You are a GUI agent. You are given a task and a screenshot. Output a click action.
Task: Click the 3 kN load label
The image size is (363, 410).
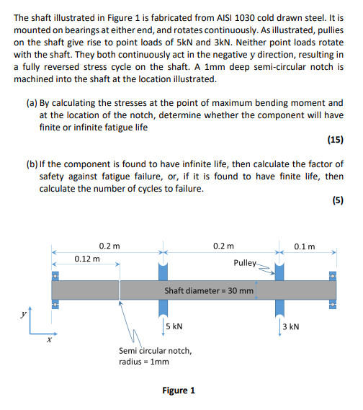[x=291, y=326]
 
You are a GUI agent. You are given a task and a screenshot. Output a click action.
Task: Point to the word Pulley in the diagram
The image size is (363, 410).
[x=245, y=263]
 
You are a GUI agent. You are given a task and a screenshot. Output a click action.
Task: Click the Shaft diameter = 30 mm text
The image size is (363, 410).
[x=209, y=291]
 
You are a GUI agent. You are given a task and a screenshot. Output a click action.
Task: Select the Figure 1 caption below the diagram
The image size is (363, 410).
[x=179, y=390]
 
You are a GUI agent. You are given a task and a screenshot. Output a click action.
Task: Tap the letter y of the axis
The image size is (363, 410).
[x=23, y=314]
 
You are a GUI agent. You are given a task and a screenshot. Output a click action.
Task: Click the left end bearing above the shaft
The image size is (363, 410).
[x=55, y=275]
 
